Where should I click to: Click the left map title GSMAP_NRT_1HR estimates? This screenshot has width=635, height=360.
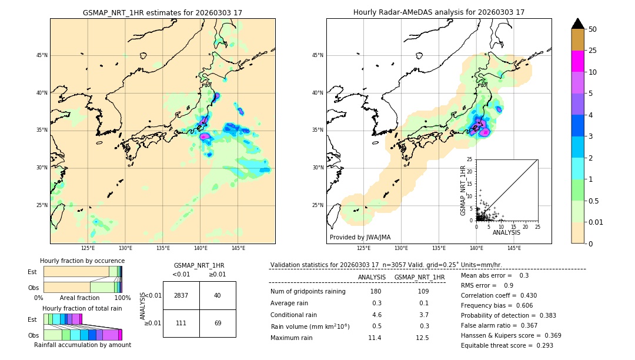tap(162, 12)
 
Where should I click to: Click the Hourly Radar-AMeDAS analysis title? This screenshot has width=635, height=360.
tap(439, 12)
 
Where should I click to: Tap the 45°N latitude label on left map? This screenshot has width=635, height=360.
tap(42, 55)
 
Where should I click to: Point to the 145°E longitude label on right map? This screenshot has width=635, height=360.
tap(514, 248)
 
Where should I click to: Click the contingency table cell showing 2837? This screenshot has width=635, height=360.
tap(181, 295)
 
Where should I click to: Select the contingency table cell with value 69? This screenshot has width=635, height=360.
tap(218, 323)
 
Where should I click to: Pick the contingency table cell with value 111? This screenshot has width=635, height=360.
tap(181, 323)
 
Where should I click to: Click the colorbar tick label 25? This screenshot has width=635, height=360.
tap(593, 51)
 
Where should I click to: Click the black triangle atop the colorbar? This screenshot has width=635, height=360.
tap(578, 24)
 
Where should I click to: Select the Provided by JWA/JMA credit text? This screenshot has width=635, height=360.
tap(360, 237)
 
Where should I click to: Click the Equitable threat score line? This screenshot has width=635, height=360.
tap(507, 345)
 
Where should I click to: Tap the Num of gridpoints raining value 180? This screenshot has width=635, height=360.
tap(376, 292)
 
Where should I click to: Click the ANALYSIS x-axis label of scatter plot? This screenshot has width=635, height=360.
tap(506, 232)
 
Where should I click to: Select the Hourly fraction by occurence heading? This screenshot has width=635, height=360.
tap(82, 261)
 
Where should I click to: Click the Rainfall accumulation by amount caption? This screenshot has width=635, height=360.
tap(82, 345)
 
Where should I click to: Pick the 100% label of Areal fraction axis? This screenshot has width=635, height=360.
tap(122, 298)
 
